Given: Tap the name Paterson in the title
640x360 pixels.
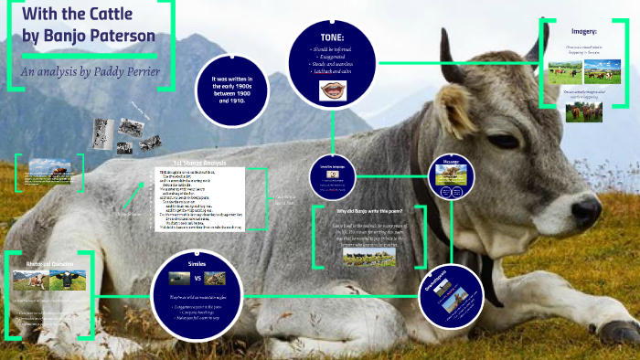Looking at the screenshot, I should pos(113,37).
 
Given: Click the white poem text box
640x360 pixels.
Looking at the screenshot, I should pos(199,201).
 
